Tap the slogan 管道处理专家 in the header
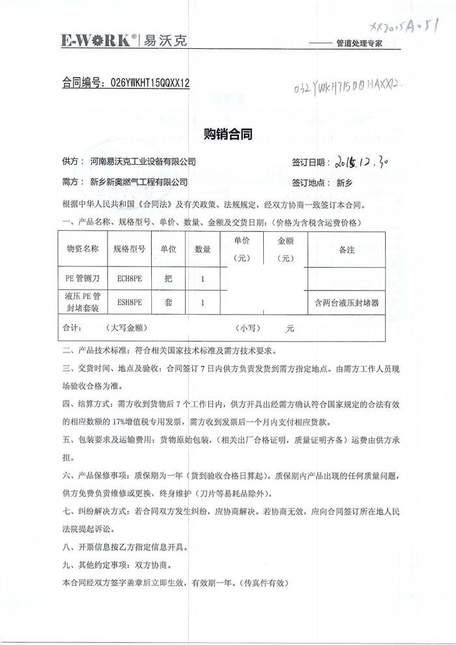358,44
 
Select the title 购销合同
228,134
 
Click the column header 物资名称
82,249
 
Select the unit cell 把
169,279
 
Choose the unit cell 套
169,302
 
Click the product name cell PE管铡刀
82,279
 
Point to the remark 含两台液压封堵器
346,302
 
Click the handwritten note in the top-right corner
404,26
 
